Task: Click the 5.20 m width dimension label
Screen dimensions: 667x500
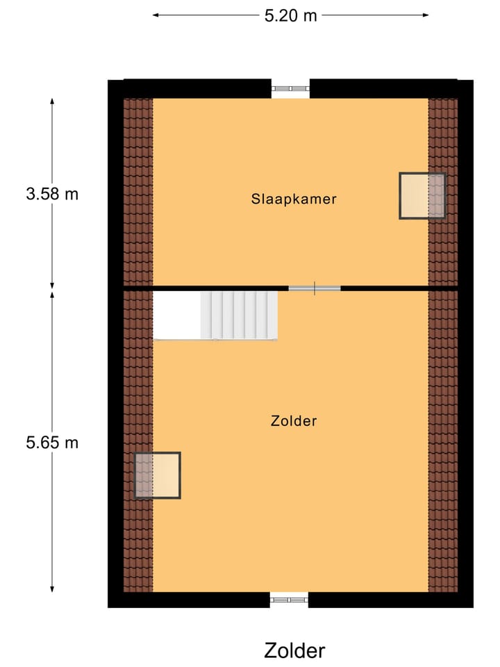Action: (290, 15)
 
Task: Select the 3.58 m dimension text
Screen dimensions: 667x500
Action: (52, 194)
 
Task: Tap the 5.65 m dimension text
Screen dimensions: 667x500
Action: (52, 443)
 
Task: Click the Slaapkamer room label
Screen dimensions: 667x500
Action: (294, 199)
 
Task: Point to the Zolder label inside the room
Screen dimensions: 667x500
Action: (294, 420)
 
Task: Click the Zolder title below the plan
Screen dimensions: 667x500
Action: (294, 651)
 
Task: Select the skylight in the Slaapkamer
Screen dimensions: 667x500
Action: (422, 196)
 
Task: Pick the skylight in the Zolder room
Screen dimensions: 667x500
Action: (157, 475)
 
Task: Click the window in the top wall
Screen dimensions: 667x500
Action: (290, 88)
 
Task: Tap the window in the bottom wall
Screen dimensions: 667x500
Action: (289, 598)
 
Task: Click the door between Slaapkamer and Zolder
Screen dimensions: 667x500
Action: (315, 288)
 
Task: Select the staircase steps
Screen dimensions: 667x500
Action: (239, 314)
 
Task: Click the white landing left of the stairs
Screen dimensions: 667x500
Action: (176, 314)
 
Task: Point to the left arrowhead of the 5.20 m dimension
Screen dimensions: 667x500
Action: (156, 15)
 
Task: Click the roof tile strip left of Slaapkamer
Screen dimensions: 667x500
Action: (138, 191)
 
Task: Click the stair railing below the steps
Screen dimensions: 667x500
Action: (215, 340)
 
